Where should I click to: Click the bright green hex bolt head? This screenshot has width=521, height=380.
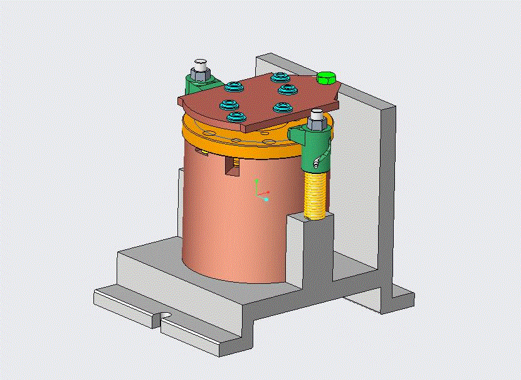click(x=326, y=78)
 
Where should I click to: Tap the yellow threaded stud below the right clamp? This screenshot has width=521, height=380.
click(x=316, y=194)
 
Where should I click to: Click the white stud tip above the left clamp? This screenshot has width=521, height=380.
click(x=201, y=64)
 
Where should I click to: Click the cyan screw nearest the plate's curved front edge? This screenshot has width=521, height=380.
click(x=236, y=117)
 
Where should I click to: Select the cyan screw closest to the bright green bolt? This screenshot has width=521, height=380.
click(x=278, y=78)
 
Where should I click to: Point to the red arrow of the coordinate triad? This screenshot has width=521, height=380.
click(x=266, y=192)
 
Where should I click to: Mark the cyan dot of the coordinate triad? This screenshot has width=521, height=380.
click(x=266, y=199)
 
